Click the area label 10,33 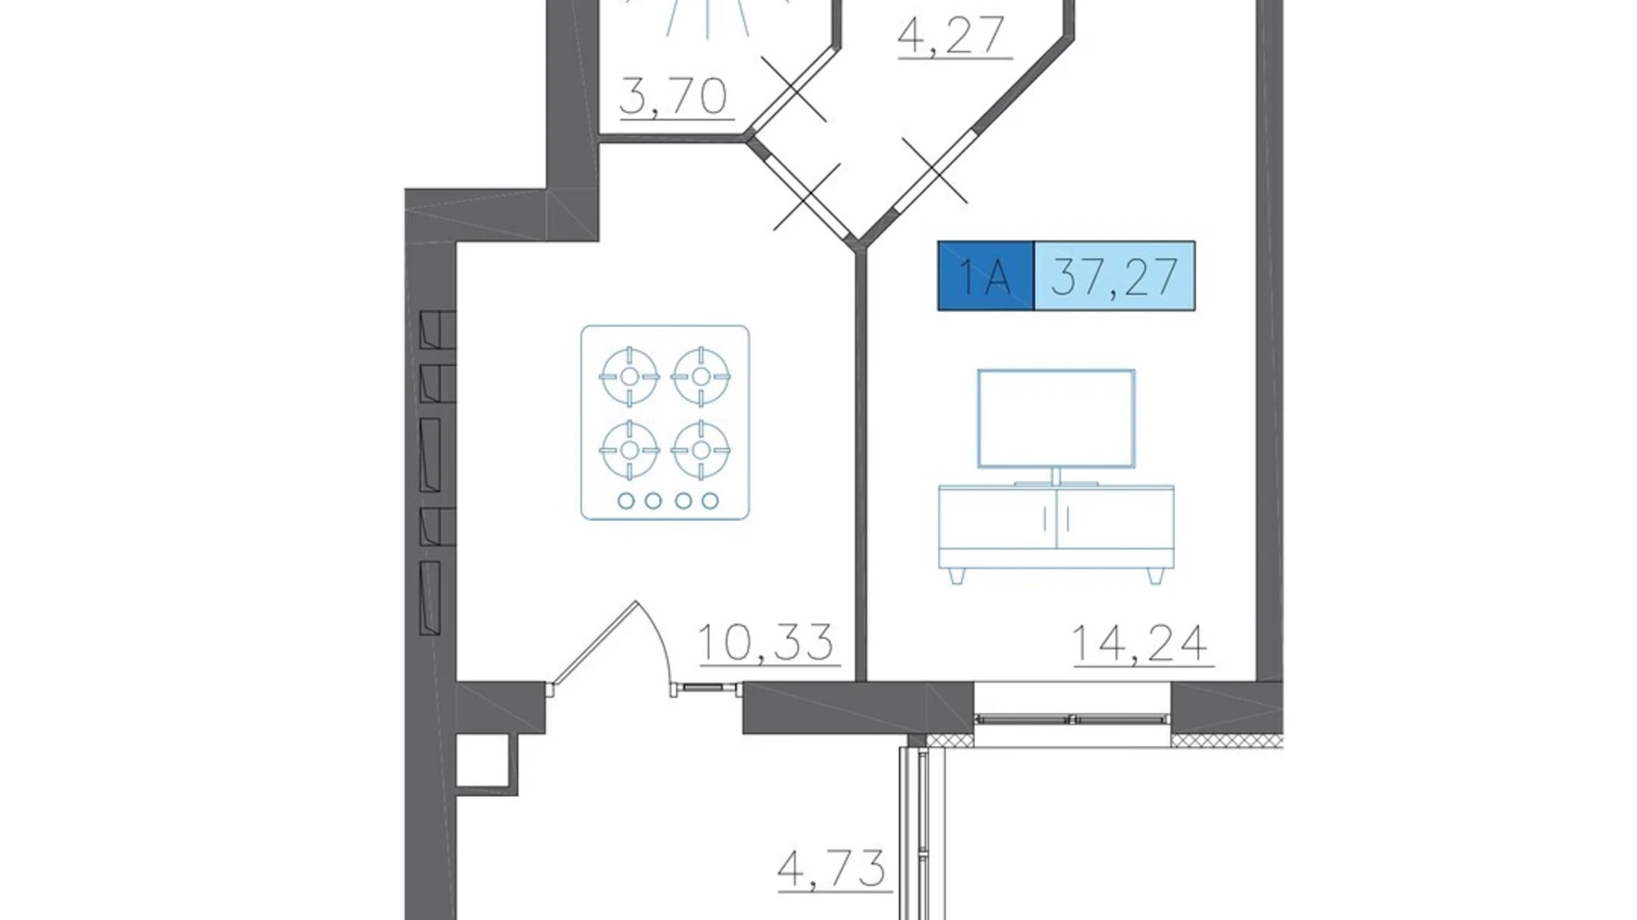pyautogui.click(x=766, y=642)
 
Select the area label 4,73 pyautogui.click(x=832, y=868)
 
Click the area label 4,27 pyautogui.click(x=953, y=36)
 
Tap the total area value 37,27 pyautogui.click(x=1115, y=276)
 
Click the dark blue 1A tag pyautogui.click(x=986, y=276)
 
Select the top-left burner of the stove pyautogui.click(x=629, y=376)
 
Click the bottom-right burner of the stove pyautogui.click(x=701, y=450)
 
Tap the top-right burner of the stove pyautogui.click(x=701, y=376)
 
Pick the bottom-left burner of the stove pyautogui.click(x=629, y=450)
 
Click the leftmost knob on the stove pyautogui.click(x=626, y=501)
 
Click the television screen pyautogui.click(x=1057, y=418)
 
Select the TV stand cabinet pyautogui.click(x=1057, y=526)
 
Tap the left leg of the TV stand pyautogui.click(x=956, y=575)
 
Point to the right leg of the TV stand pyautogui.click(x=1155, y=575)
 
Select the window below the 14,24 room pyautogui.click(x=1072, y=717)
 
